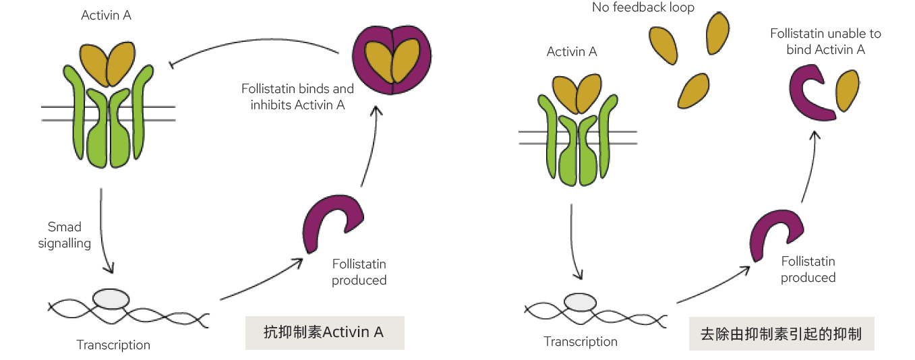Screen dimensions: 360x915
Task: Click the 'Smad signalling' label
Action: [x=64, y=235]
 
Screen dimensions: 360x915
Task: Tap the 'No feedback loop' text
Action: [x=643, y=8]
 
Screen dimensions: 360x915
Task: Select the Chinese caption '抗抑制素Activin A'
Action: [x=324, y=332]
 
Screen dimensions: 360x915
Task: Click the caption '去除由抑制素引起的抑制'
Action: [x=781, y=334]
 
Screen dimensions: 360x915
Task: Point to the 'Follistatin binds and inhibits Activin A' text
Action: [x=297, y=97]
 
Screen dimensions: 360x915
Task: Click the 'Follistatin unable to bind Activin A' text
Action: [x=825, y=41]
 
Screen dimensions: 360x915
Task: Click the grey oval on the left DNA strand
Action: [x=111, y=298]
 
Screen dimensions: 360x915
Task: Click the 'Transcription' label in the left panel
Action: [x=113, y=345]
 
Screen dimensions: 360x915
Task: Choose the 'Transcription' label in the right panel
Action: [x=581, y=342]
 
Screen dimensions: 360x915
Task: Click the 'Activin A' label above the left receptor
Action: [x=106, y=15]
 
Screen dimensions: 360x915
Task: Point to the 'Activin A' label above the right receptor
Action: [x=572, y=52]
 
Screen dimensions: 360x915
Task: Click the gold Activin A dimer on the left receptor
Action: [x=107, y=64]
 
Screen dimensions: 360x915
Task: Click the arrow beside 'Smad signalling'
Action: [x=102, y=229]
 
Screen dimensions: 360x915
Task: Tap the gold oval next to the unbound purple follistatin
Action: [x=848, y=90]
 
